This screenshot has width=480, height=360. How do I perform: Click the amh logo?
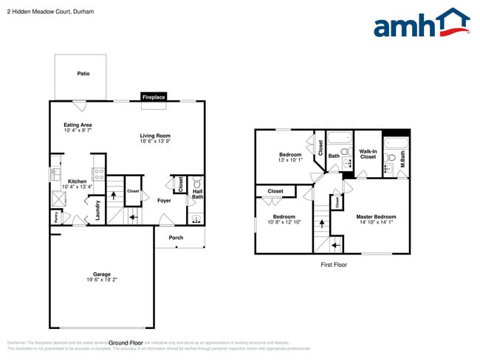point(422,24)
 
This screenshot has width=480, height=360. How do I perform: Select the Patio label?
point(83,74)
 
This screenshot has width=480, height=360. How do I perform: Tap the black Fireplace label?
point(154,97)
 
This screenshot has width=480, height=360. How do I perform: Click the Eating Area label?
point(78,125)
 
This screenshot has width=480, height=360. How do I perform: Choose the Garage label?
point(102,274)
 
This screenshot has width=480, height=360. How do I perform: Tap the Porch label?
point(176,238)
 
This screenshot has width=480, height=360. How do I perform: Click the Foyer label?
point(164,200)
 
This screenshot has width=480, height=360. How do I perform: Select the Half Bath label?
point(197,194)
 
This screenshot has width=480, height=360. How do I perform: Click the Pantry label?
point(55,217)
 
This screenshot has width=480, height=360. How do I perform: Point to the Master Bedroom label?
point(377,217)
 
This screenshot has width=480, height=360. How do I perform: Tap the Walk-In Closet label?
point(368,153)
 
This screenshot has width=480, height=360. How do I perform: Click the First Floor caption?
point(333,264)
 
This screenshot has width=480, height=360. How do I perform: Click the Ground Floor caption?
point(126,343)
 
